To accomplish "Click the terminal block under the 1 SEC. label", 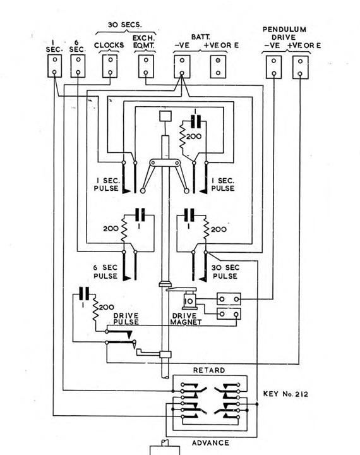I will tap(55, 66).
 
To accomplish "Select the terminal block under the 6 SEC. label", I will tap(78, 66).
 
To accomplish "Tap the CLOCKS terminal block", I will tap(110, 66).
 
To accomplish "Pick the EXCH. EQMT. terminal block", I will tap(146, 66).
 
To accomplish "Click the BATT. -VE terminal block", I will tap(182, 66).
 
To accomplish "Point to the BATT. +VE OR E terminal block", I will tap(219, 66).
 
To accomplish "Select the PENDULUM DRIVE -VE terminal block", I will tap(273, 66).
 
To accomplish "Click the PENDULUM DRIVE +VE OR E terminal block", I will tap(301, 66).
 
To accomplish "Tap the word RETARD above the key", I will tap(209, 370).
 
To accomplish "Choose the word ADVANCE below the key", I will tap(211, 442).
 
